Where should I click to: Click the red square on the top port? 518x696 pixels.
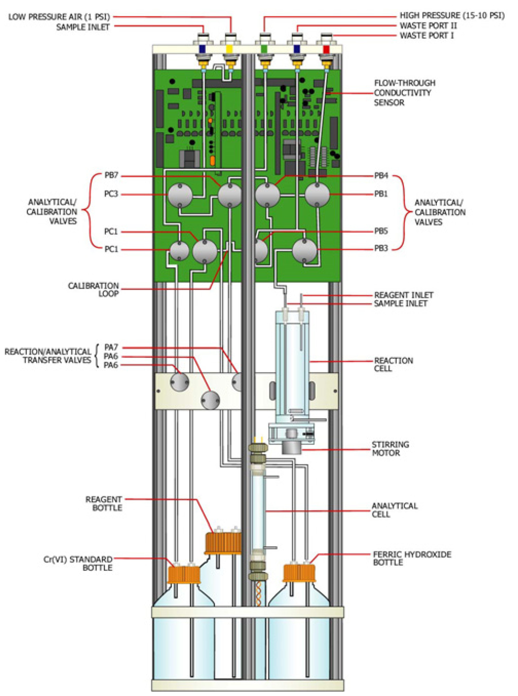[326, 49]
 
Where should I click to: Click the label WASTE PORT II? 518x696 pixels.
[428, 25]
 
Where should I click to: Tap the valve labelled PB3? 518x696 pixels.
[305, 250]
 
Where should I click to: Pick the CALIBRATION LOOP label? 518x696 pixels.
[93, 289]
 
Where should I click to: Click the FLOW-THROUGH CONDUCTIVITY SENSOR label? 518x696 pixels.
[404, 93]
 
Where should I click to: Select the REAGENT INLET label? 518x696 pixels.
[404, 295]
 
